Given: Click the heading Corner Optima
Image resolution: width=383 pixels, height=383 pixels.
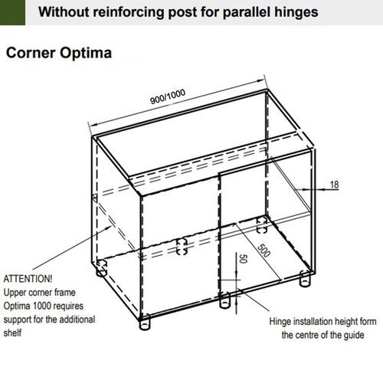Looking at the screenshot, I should [x=60, y=54].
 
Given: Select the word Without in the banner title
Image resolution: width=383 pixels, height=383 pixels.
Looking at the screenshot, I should [x=85, y=13].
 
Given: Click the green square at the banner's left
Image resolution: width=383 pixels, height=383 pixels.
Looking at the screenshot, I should [x=15, y=14].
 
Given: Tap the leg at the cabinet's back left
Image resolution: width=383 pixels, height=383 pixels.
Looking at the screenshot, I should [x=100, y=269].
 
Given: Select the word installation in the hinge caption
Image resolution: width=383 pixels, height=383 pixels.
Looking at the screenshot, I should [x=320, y=322].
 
